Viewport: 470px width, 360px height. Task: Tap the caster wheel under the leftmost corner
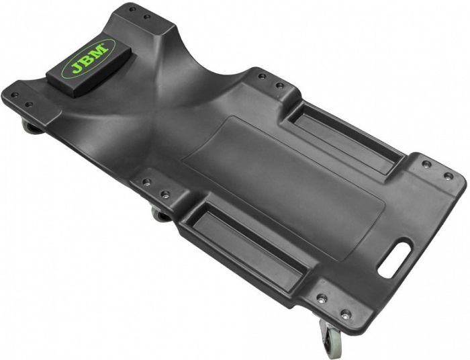(x=29, y=126)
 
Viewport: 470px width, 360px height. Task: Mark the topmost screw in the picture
(x=132, y=10)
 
